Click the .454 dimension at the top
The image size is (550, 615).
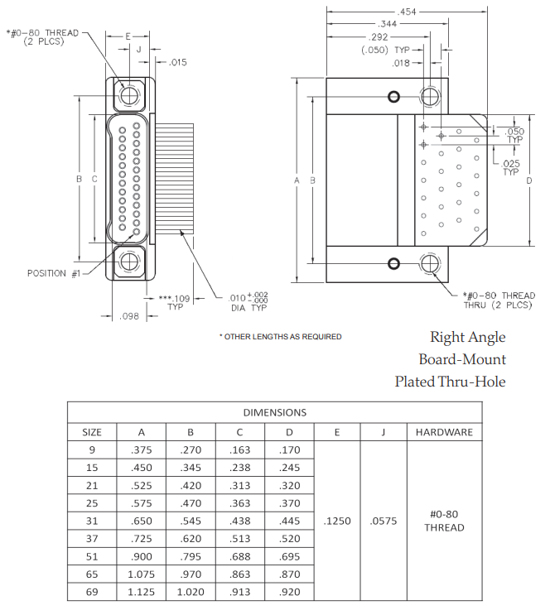[x=408, y=12]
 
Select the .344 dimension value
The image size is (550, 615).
[x=386, y=25]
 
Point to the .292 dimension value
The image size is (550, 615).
[x=378, y=38]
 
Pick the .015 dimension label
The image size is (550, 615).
[x=177, y=62]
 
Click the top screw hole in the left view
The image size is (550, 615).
[x=129, y=95]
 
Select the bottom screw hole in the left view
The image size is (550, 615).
[x=129, y=262]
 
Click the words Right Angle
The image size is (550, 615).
[x=467, y=338]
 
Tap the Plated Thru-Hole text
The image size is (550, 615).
[x=450, y=382]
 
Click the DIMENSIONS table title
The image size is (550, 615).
[x=274, y=412]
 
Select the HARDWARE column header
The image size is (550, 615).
[x=444, y=432]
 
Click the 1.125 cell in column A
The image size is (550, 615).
[x=141, y=592]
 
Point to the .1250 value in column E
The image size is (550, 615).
[x=337, y=521]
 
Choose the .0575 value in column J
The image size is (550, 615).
[x=384, y=521]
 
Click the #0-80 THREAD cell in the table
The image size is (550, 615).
[x=444, y=521]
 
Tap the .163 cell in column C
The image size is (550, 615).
[x=240, y=450]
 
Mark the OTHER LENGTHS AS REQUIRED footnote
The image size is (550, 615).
[x=281, y=337]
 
